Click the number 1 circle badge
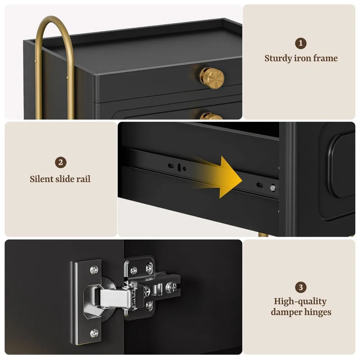click(301, 44)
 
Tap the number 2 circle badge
click(60, 163)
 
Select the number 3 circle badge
click(301, 287)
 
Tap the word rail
click(84, 179)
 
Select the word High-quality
click(300, 301)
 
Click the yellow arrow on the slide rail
click(218, 177)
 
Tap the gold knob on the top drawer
click(212, 78)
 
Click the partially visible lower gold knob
click(211, 116)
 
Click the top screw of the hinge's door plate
click(94, 269)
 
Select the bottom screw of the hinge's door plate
click(94, 333)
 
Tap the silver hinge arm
click(114, 298)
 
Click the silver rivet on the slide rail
click(273, 188)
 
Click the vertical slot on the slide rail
click(179, 167)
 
